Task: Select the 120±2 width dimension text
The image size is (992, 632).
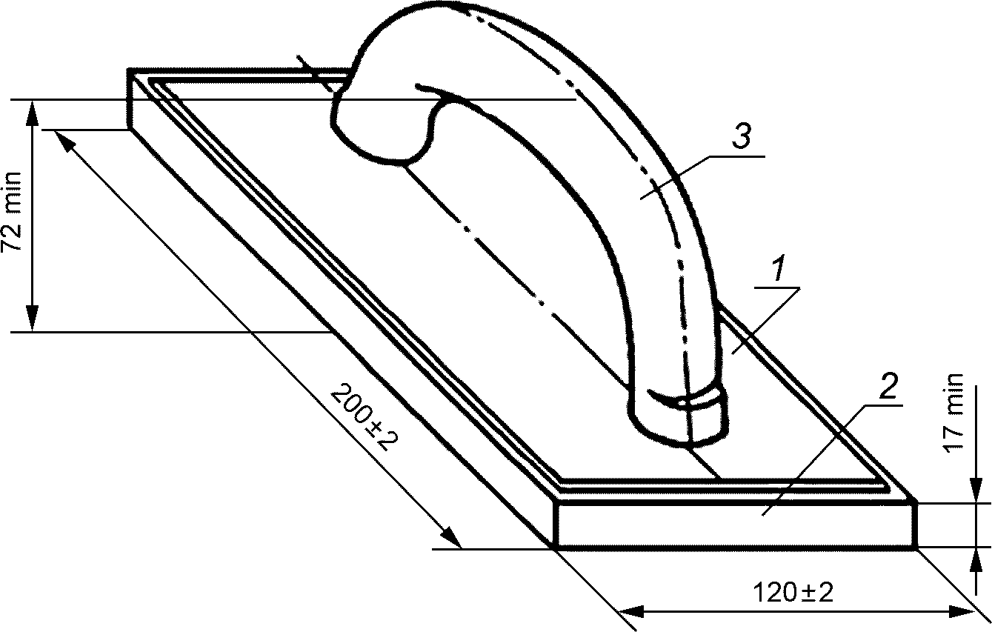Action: pos(793,593)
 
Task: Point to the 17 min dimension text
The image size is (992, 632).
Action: pos(953,413)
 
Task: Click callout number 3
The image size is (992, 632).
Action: pos(741,136)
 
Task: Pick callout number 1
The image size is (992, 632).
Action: pos(778,268)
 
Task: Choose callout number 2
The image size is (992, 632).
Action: pos(888,385)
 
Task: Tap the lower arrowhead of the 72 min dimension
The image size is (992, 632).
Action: pos(33,318)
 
